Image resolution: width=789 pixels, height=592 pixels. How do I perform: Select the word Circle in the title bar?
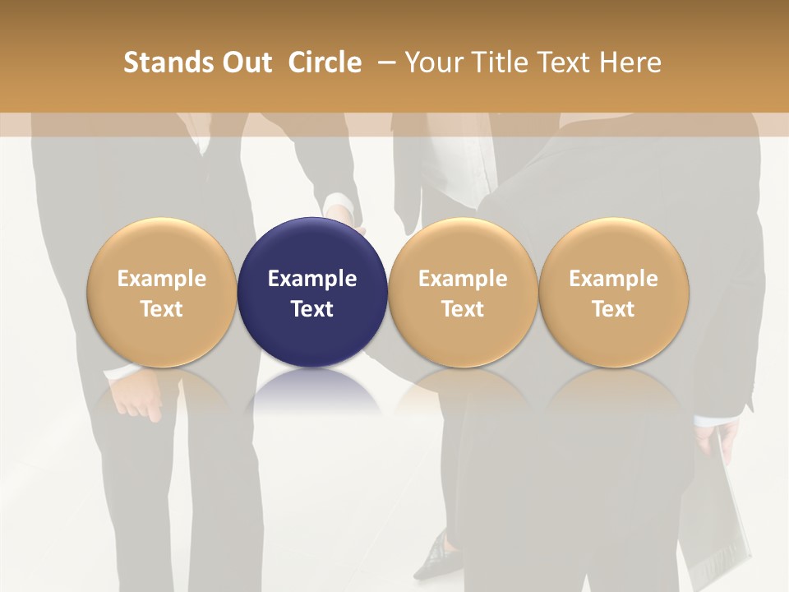[x=325, y=62]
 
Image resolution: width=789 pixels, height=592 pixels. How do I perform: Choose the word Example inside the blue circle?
[x=312, y=279]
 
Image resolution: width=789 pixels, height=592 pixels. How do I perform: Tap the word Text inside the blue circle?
[x=312, y=309]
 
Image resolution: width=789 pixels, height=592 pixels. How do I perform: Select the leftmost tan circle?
[x=162, y=247]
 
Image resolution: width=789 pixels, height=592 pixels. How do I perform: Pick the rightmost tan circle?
[x=613, y=247]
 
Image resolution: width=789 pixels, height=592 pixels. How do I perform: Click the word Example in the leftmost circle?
[x=162, y=279]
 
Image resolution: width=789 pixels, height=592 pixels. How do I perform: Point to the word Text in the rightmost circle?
[x=613, y=309]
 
